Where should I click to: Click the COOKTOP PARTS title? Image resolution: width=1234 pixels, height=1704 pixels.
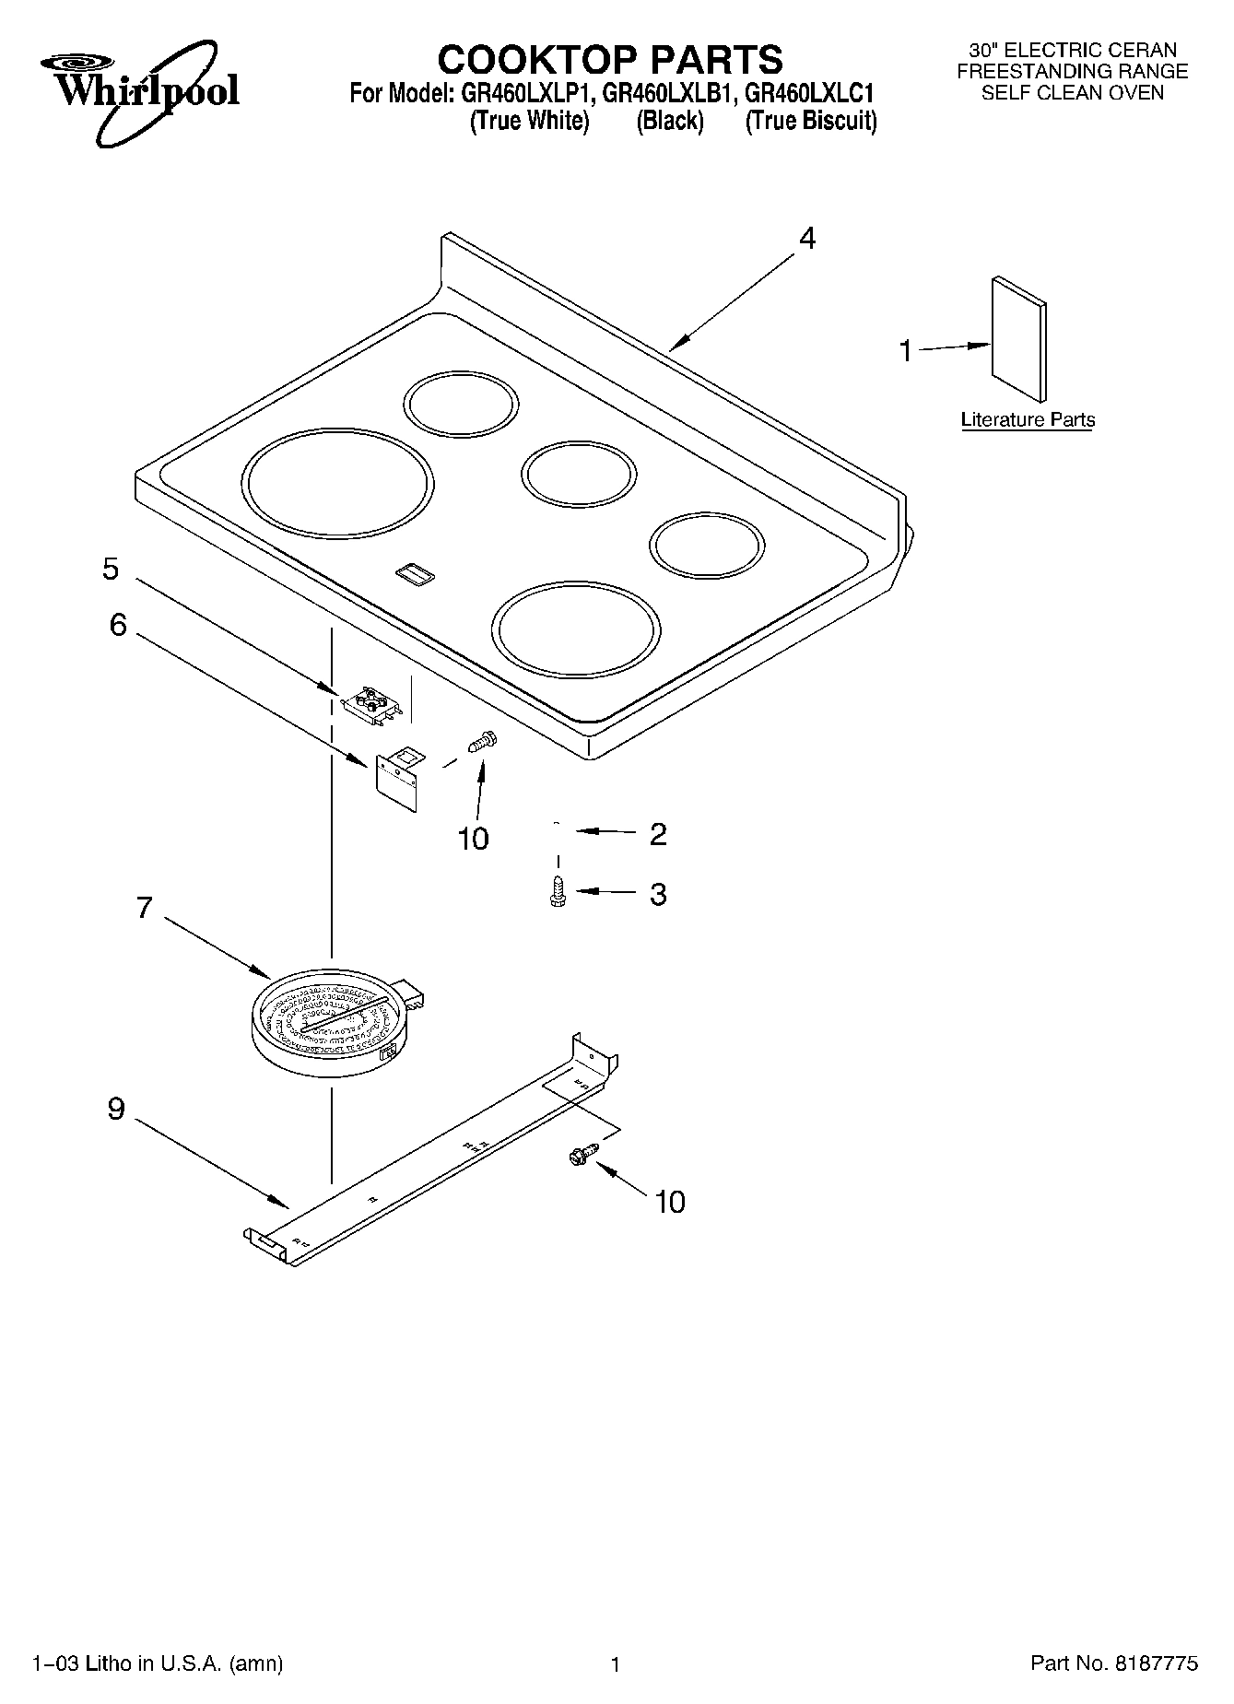(610, 59)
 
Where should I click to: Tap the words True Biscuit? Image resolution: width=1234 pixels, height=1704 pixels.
(810, 121)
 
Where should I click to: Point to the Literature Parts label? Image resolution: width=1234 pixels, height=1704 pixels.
(1028, 420)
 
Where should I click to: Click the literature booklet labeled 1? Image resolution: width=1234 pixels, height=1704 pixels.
(1018, 338)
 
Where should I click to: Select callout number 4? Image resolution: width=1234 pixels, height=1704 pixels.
(806, 239)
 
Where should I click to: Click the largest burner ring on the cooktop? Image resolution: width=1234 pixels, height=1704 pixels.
(337, 483)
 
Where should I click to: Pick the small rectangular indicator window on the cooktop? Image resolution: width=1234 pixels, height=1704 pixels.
(414, 574)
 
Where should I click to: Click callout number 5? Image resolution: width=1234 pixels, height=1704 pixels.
(111, 569)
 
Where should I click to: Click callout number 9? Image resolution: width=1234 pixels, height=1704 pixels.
(116, 1108)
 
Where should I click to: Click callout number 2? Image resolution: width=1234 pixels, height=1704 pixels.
(657, 833)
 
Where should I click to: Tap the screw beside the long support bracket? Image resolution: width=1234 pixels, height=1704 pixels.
(583, 1154)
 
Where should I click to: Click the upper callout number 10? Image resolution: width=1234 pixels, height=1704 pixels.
(473, 839)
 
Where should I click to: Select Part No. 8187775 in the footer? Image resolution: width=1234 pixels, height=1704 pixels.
(1114, 1663)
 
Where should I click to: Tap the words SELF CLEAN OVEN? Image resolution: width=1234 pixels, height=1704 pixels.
(1072, 92)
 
